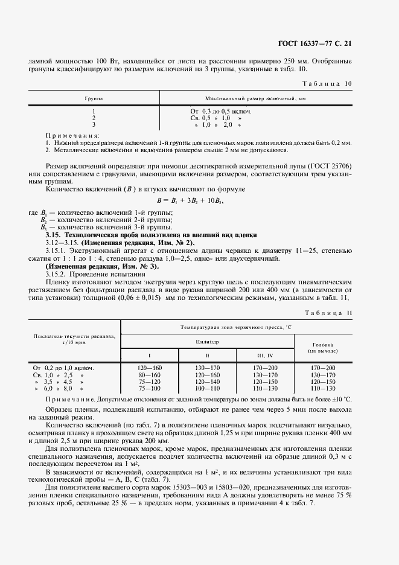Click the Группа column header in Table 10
(93, 97)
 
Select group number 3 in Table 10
(94, 124)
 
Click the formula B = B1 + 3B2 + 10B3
(194, 200)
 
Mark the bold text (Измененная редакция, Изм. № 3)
(103, 266)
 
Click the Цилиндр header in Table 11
(206, 342)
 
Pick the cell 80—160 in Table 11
(149, 374)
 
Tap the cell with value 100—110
(206, 389)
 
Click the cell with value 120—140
(206, 381)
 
